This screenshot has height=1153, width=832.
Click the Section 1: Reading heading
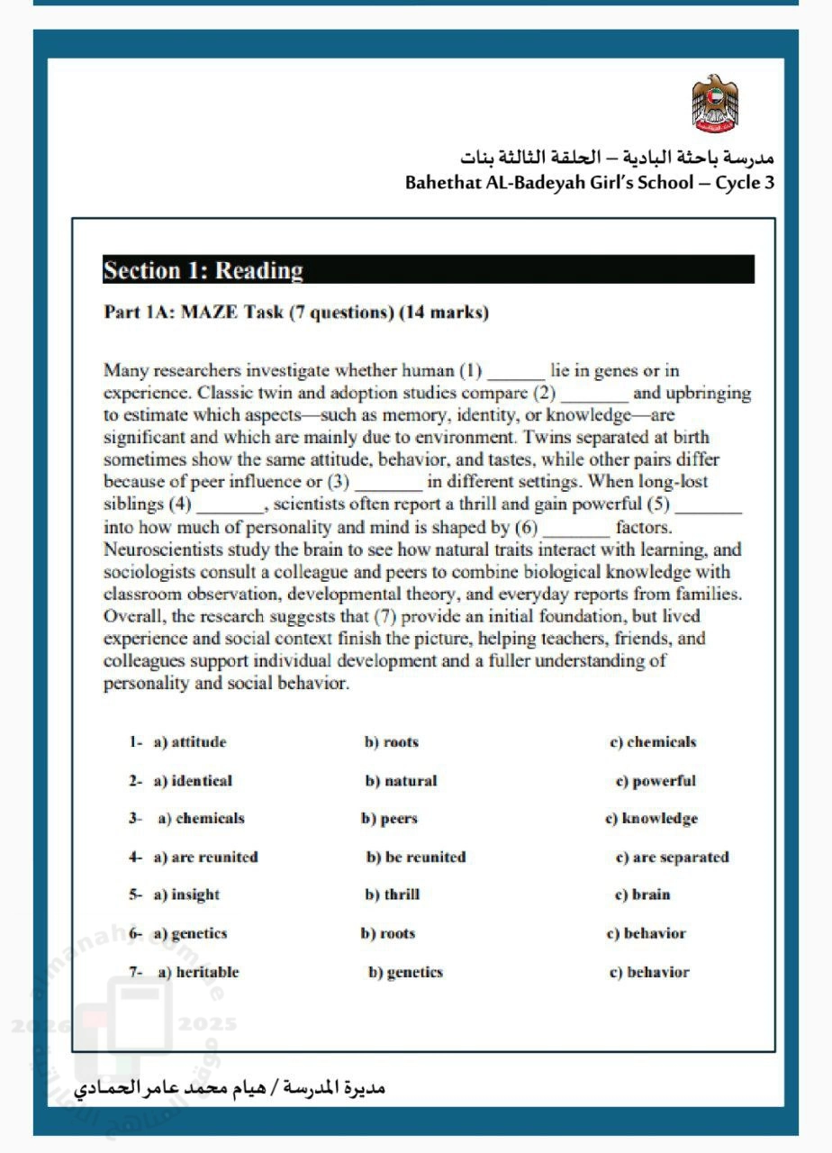tap(203, 270)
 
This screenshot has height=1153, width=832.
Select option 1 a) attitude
tap(190, 742)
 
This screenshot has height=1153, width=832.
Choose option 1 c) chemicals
tap(653, 742)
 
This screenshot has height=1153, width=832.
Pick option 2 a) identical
tap(193, 781)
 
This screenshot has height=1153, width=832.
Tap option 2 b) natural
tap(401, 781)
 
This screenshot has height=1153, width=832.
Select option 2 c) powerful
tap(656, 781)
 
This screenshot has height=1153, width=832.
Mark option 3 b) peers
tap(389, 819)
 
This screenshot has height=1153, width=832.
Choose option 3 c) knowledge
tap(651, 819)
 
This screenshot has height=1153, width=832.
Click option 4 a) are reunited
tap(205, 857)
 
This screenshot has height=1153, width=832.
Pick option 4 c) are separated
tap(672, 857)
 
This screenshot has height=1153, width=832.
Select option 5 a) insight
tap(186, 894)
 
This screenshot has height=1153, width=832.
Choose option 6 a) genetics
tap(190, 933)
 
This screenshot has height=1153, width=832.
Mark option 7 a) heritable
tap(198, 972)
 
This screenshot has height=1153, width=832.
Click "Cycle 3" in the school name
tap(745, 183)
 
